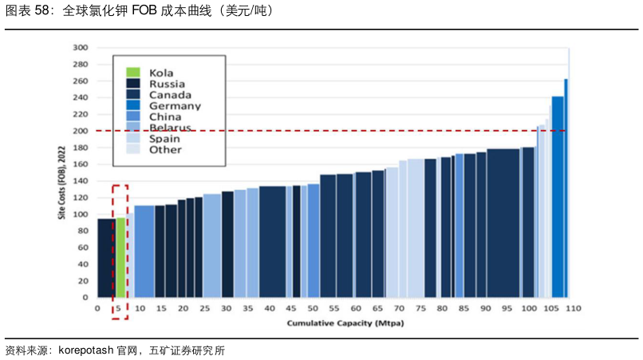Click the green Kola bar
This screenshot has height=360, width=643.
[x=120, y=257]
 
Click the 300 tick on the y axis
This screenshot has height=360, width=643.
[x=81, y=48]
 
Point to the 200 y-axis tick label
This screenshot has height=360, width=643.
[x=81, y=131]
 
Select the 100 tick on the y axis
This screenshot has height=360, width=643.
[x=81, y=215]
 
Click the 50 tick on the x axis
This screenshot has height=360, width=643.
[x=313, y=308]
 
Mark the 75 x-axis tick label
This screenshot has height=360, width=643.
[x=420, y=308]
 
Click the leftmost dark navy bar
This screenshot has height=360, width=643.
[x=106, y=258]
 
